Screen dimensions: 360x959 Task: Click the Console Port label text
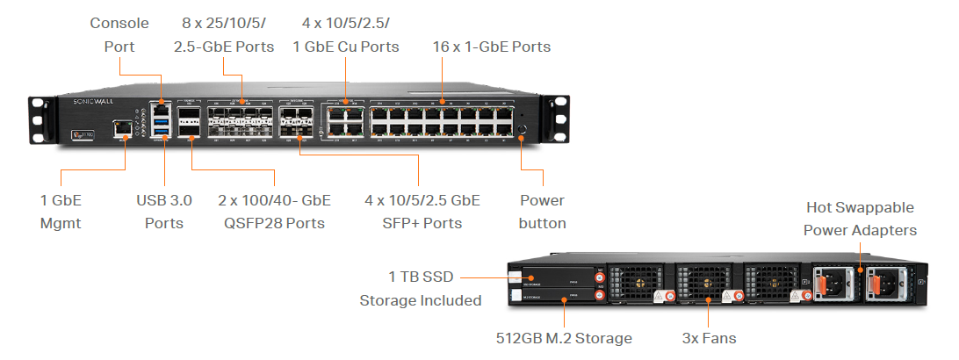[x=119, y=34]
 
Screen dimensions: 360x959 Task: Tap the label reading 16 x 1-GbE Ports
[x=492, y=46]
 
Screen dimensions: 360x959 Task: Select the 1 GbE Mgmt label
[x=61, y=212]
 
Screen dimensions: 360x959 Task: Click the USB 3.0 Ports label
[x=164, y=212]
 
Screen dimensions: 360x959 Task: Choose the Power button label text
[x=542, y=212]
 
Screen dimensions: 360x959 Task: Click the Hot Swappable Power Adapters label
[x=861, y=219]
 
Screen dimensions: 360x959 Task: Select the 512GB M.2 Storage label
[x=563, y=337]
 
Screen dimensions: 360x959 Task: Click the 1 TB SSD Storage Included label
[x=422, y=289]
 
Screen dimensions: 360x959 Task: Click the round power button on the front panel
[x=522, y=130]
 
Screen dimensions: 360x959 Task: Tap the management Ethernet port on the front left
[x=124, y=130]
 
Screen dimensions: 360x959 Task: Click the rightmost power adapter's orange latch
[x=876, y=284]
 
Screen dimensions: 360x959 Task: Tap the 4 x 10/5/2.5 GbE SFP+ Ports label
[x=422, y=212]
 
